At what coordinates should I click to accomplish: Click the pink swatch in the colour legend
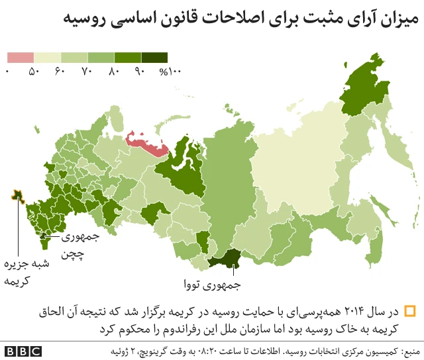point(20,58)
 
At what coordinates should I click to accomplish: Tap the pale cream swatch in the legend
point(47,58)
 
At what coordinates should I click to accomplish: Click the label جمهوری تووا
point(212,286)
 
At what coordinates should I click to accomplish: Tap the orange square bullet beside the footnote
point(410,311)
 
